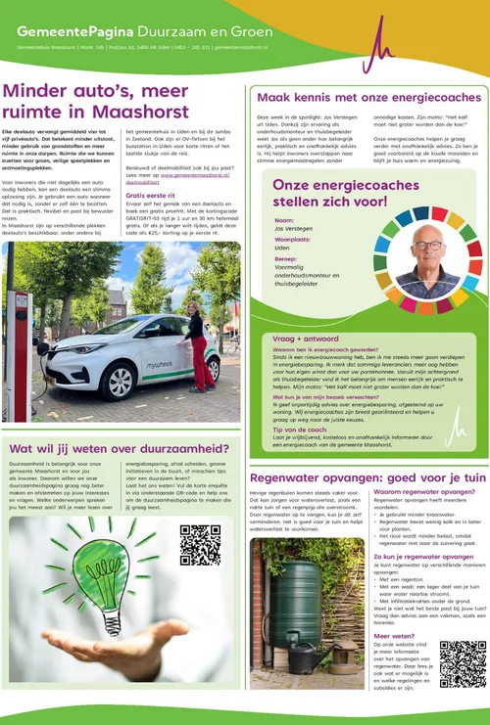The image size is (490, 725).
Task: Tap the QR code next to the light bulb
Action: [200, 545]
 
